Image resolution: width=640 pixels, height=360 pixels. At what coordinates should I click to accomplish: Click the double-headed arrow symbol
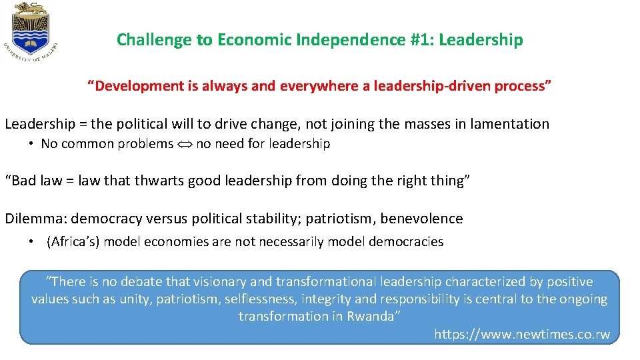pyautogui.click(x=185, y=144)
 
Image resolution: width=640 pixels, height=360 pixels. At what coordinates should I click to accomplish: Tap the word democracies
pyautogui.click(x=406, y=241)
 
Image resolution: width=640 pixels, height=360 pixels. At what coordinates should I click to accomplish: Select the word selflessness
pyautogui.click(x=260, y=299)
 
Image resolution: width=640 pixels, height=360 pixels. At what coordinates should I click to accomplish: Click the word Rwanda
pyautogui.click(x=371, y=317)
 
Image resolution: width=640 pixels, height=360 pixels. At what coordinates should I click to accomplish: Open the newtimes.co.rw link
pyautogui.click(x=522, y=334)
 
